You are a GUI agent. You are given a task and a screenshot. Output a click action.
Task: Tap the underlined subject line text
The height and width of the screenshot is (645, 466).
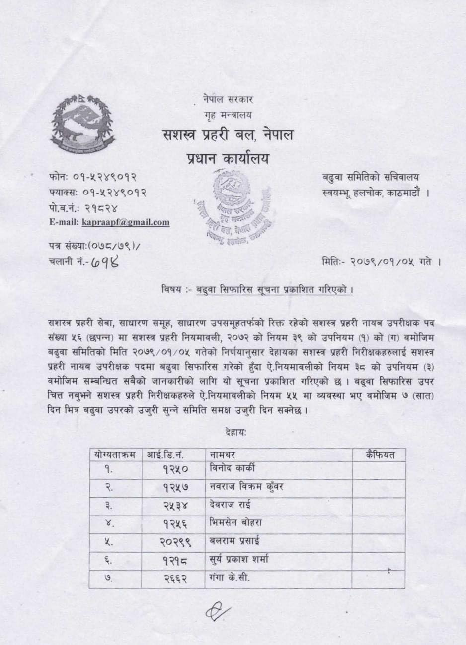[x=274, y=289]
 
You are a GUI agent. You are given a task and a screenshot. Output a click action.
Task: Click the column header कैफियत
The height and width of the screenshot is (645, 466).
[x=380, y=454]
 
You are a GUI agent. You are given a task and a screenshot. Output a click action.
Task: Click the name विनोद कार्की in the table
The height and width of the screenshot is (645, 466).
[x=233, y=468]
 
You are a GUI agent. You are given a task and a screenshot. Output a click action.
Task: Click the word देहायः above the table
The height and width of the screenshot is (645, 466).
[x=235, y=432]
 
